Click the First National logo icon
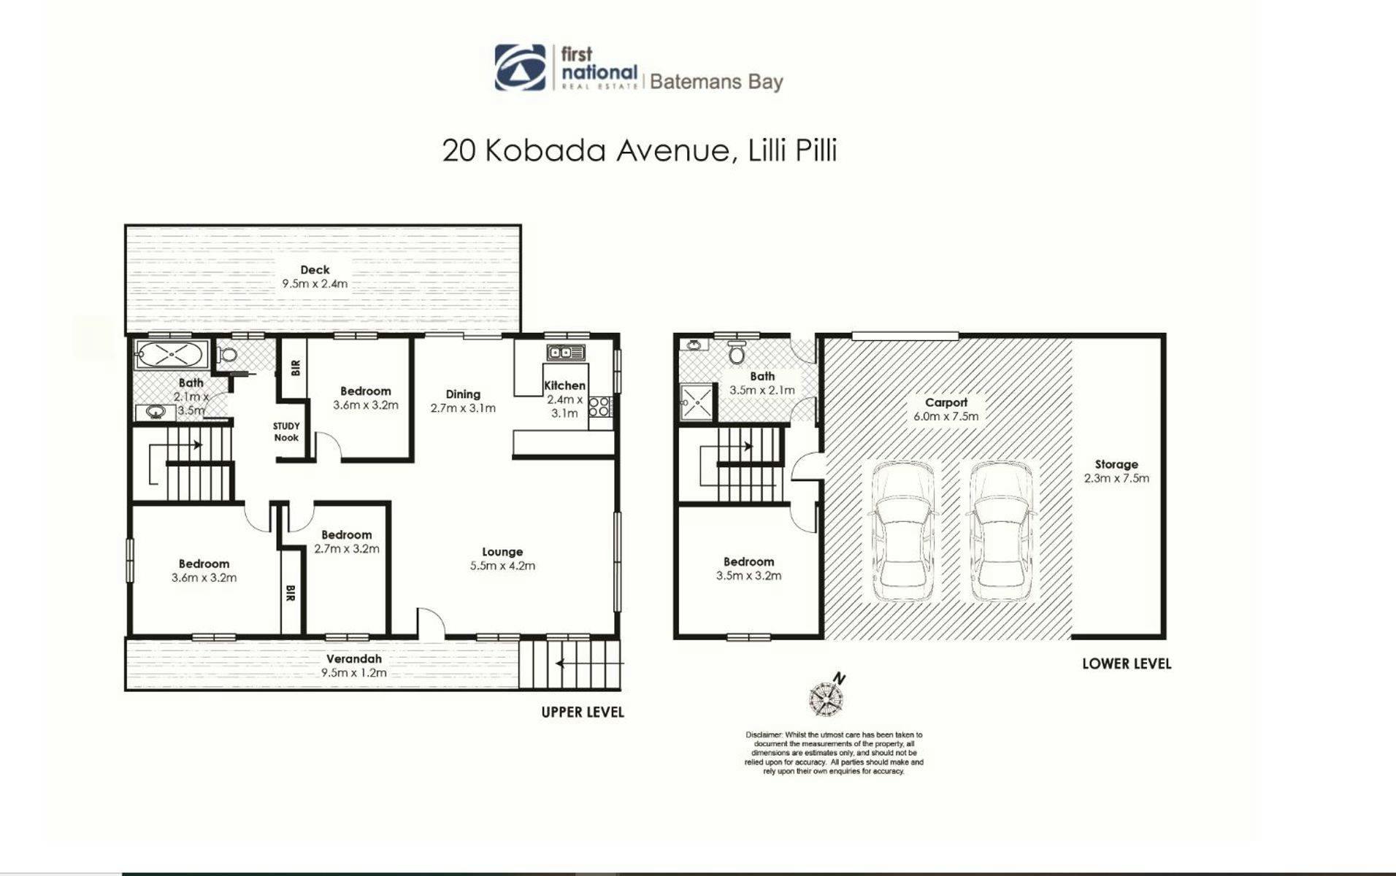point(521,67)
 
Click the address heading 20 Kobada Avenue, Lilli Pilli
point(640,151)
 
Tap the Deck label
point(315,270)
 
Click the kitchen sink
point(567,353)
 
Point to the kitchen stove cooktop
point(601,406)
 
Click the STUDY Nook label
point(286,431)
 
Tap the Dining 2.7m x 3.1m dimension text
point(463,408)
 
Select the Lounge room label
point(502,552)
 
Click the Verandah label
point(354,658)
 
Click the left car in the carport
point(902,532)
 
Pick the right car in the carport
point(1000,532)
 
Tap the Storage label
point(1116,464)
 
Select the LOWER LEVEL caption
point(1127,664)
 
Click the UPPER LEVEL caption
point(583,712)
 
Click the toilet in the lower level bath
point(736,352)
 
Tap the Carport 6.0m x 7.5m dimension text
point(946,416)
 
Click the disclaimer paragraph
point(834,753)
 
